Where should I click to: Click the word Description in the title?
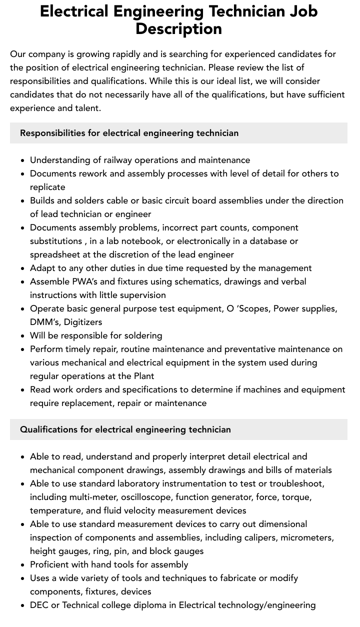tap(178, 29)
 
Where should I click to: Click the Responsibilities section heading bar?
tap(178, 133)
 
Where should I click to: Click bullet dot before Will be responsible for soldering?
tap(23, 336)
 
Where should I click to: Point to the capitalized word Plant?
tap(143, 376)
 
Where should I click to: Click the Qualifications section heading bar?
tap(178, 429)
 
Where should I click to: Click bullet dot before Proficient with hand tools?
tap(23, 565)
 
